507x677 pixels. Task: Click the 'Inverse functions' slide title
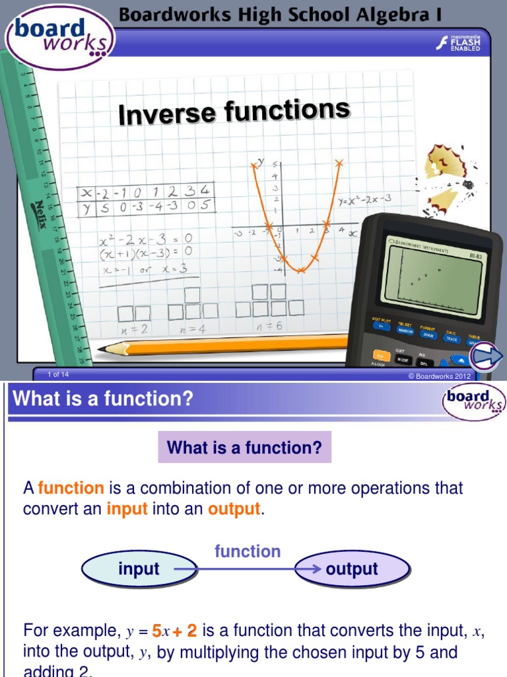point(234,112)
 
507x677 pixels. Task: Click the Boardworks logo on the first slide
point(60,37)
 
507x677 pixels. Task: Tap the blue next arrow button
point(487,357)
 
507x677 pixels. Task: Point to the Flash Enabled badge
point(459,44)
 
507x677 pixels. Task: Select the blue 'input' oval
point(139,569)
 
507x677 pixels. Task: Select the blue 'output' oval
point(352,569)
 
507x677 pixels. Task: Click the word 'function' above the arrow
point(248,551)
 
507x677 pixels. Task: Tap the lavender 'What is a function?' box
point(244,448)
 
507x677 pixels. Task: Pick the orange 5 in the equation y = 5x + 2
point(156,630)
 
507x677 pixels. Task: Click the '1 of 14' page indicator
point(58,375)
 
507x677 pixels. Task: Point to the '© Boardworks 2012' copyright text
point(439,376)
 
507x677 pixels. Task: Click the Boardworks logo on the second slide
point(474,401)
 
